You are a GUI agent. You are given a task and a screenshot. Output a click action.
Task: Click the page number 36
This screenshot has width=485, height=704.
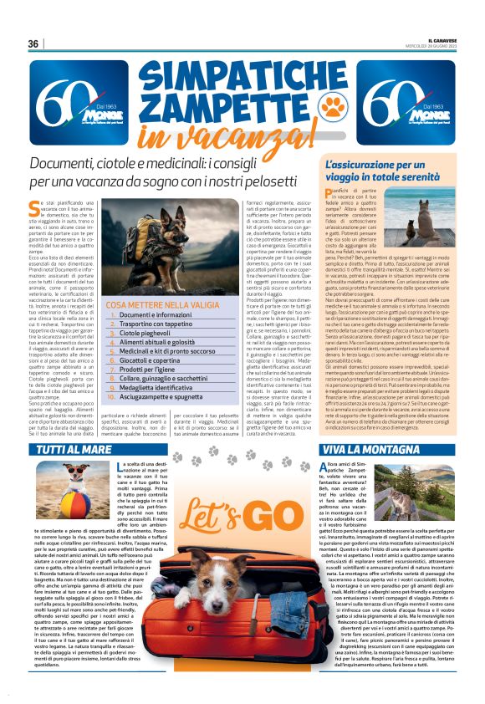coord(33,43)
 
